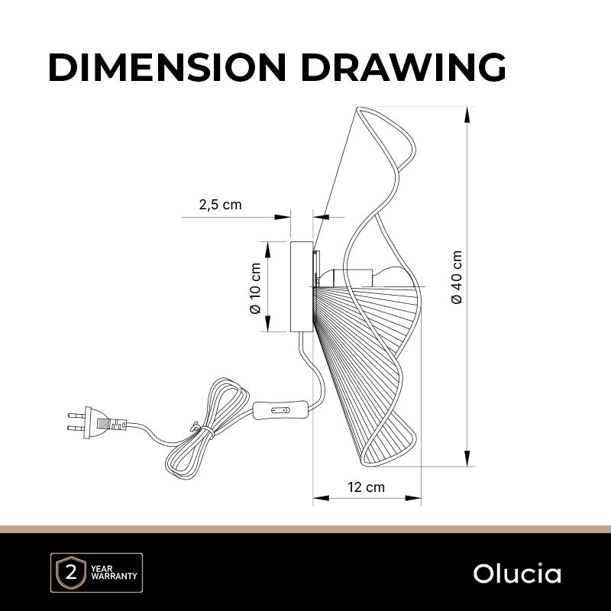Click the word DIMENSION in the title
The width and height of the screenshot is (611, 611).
(167, 67)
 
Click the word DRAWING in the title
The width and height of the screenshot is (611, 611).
(403, 67)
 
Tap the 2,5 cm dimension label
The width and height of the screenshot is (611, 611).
(220, 205)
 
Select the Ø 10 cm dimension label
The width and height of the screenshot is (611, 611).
(255, 288)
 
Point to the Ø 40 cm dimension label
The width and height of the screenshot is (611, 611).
(457, 277)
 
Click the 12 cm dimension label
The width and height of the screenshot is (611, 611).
(366, 487)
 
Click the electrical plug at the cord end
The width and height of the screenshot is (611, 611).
(97, 423)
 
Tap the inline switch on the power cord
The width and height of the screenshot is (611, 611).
(280, 410)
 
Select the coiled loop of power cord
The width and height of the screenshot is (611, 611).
(205, 428)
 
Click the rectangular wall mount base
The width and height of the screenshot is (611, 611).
(302, 287)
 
